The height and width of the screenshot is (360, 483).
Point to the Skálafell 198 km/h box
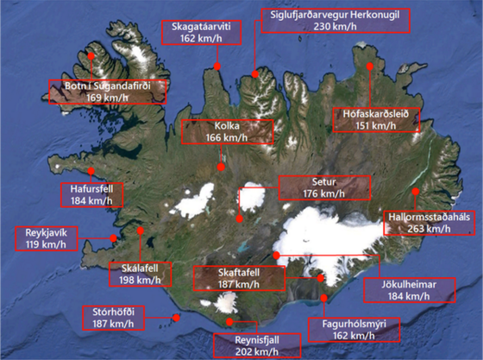click(x=136, y=274)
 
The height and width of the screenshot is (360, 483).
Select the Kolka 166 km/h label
click(x=228, y=131)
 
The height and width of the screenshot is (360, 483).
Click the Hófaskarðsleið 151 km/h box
click(x=376, y=118)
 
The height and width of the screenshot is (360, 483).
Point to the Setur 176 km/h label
click(x=323, y=188)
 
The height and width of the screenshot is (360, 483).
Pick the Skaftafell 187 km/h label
click(x=239, y=278)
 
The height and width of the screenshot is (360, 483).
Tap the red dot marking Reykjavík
click(x=113, y=238)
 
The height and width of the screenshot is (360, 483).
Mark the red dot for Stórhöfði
click(x=177, y=318)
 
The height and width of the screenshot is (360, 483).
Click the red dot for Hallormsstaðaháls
click(x=416, y=192)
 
